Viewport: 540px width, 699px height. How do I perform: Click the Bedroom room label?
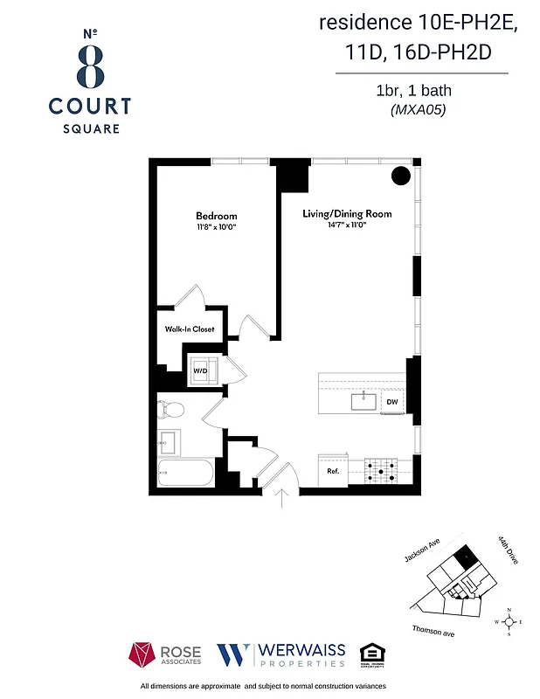click(x=216, y=216)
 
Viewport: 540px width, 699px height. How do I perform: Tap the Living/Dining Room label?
click(x=347, y=214)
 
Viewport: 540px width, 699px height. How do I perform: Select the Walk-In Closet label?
click(x=190, y=329)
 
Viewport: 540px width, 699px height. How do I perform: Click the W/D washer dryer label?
click(x=199, y=370)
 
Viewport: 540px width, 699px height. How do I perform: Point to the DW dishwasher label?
click(x=392, y=402)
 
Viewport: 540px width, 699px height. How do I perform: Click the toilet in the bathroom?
click(x=171, y=409)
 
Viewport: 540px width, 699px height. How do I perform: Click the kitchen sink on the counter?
click(x=363, y=401)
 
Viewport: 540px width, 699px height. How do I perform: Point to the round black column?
click(x=400, y=176)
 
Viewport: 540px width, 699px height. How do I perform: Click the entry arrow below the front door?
click(x=282, y=498)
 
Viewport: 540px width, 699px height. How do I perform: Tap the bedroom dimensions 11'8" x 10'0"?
click(x=216, y=228)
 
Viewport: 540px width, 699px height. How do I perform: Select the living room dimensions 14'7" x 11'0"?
click(x=347, y=225)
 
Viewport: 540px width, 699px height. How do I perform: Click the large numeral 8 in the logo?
click(x=90, y=66)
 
